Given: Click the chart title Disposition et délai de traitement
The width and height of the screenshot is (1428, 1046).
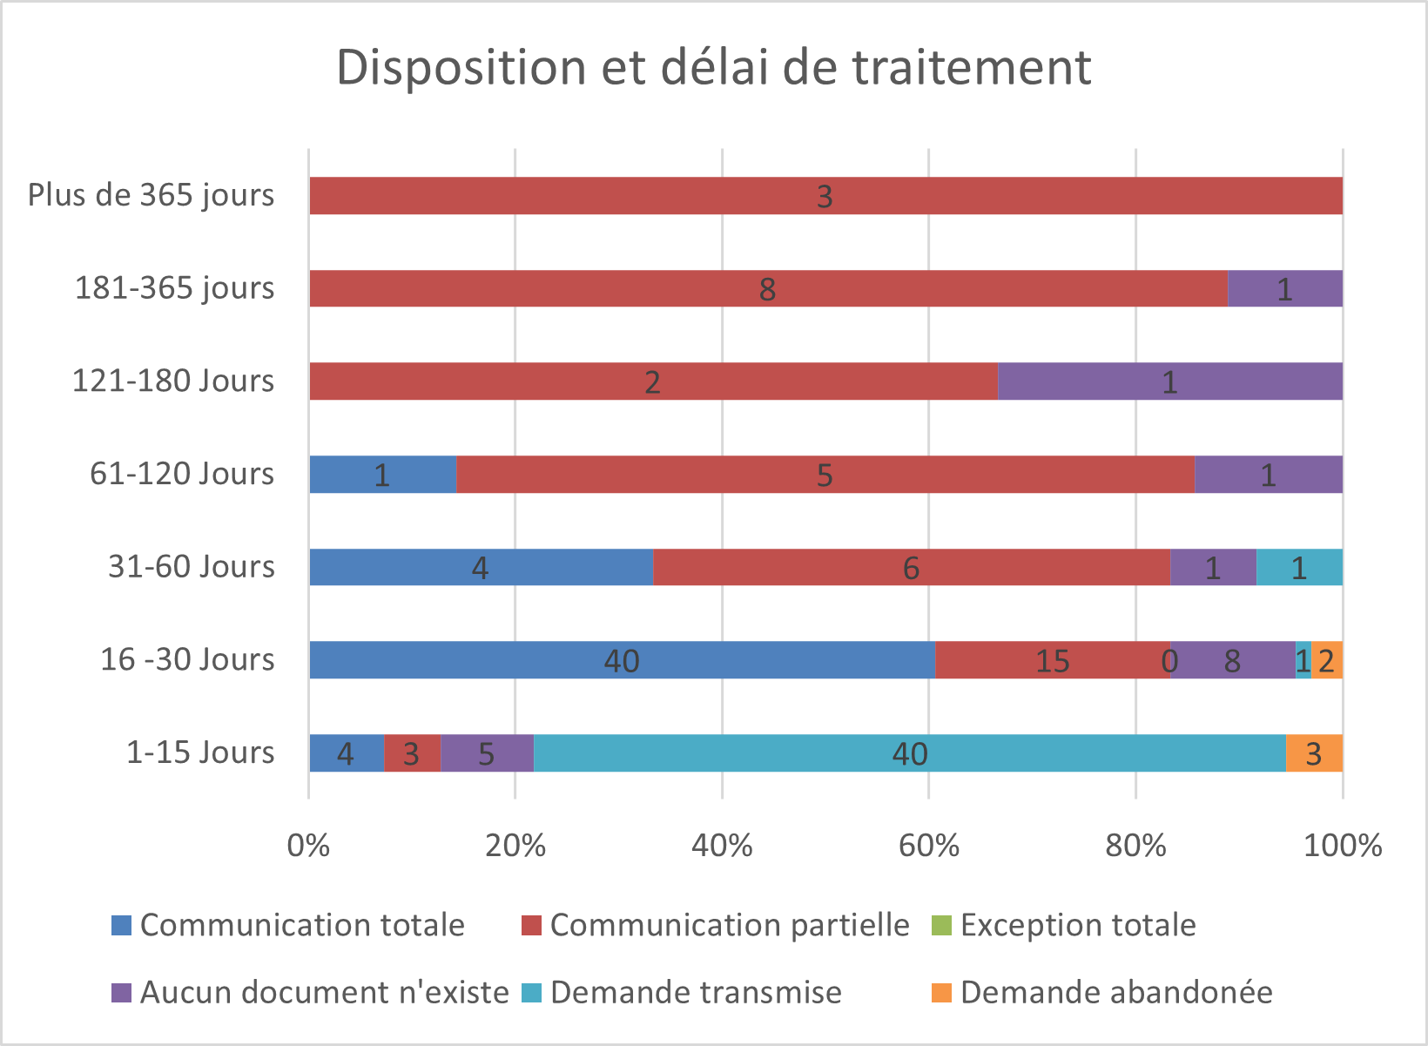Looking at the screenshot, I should (713, 67).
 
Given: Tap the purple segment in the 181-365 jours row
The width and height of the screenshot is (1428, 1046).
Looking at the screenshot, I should (1285, 288).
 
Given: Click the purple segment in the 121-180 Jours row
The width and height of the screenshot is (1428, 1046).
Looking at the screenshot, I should (1169, 381).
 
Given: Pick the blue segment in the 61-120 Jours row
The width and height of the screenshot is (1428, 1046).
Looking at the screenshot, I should (382, 475).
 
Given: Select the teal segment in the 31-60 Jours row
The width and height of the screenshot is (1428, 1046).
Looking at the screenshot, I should (1299, 568).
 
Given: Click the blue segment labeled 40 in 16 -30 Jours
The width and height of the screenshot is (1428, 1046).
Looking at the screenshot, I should (622, 660).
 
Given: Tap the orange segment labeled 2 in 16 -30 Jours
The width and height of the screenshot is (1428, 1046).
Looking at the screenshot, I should (1327, 660).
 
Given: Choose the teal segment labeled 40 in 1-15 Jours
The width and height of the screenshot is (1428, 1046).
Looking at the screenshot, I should (909, 753).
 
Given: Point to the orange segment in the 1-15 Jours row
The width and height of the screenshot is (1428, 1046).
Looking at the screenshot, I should (1314, 753).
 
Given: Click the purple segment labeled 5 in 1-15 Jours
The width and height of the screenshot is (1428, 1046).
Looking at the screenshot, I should (487, 753).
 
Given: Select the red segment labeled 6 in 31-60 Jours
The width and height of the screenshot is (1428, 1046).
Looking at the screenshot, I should (911, 568).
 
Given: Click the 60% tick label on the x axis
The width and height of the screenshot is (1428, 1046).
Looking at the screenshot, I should (928, 845).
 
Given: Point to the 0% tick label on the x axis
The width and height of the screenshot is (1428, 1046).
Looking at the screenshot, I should (308, 845).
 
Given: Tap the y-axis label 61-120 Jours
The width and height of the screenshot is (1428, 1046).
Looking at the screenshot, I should (181, 474).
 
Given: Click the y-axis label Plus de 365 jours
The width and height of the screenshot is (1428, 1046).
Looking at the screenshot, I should (151, 195).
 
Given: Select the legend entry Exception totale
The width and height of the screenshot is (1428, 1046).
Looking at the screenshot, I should (1077, 925).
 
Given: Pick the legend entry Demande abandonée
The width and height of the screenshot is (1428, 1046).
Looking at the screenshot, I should (1115, 993).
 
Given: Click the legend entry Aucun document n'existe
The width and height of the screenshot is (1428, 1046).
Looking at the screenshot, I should (323, 993).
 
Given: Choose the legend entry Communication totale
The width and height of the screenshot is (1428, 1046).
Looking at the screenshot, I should (301, 925).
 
